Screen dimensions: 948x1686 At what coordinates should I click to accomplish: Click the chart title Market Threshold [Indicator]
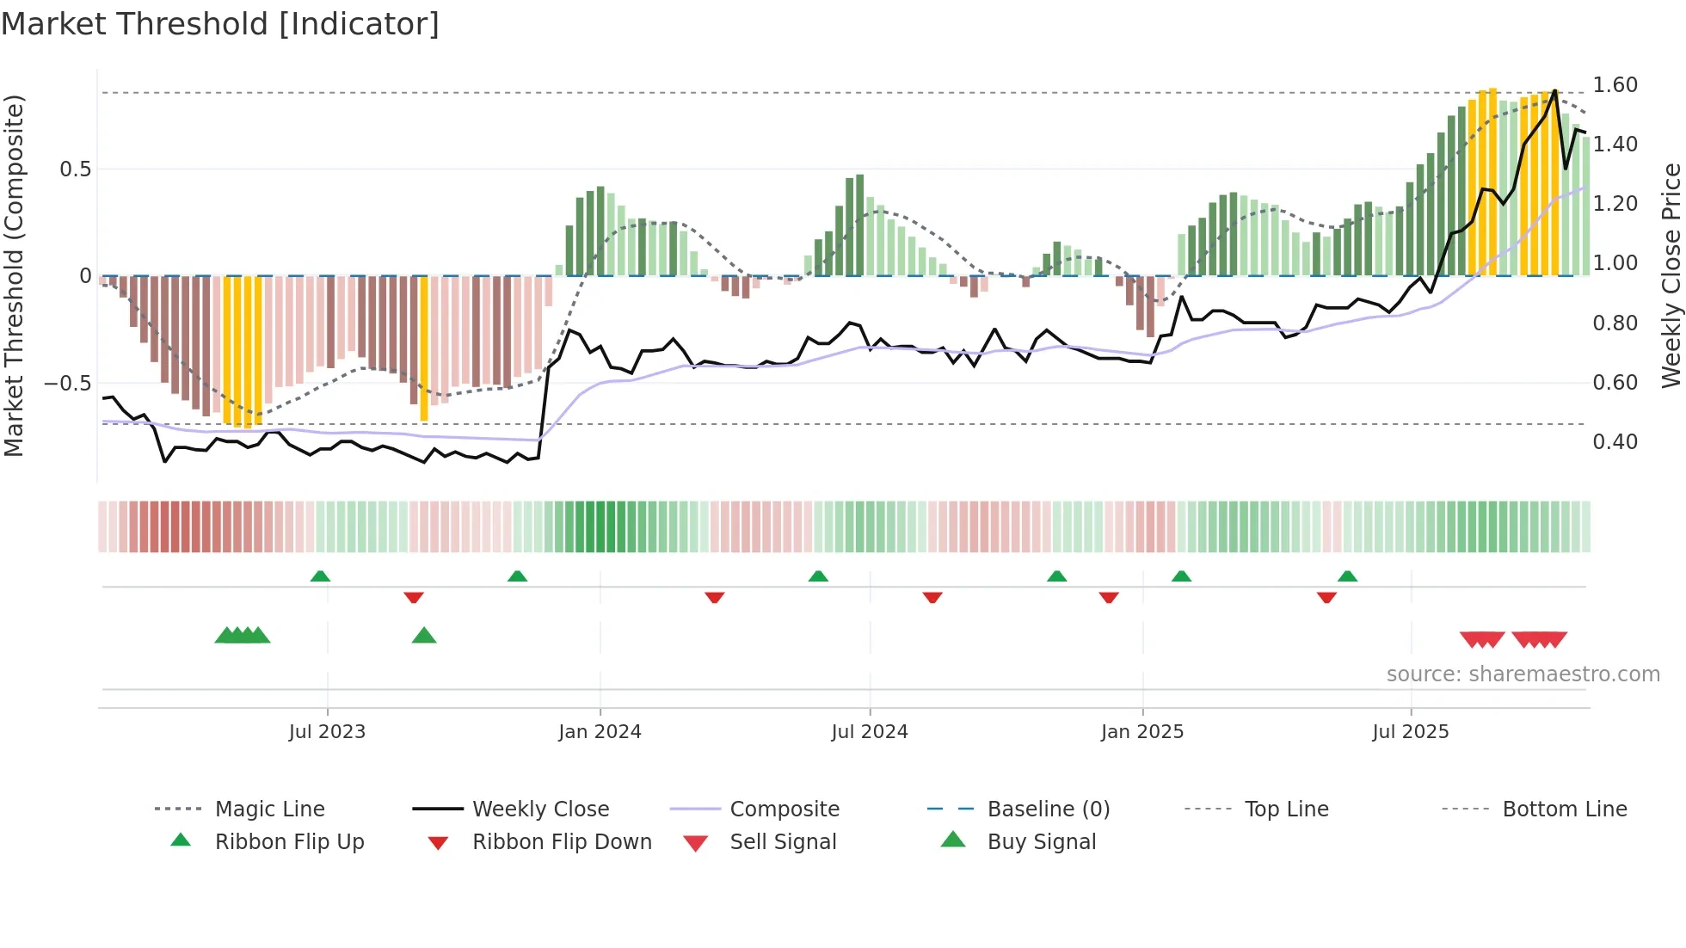coord(220,24)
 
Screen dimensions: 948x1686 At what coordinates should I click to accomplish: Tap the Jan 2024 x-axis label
coord(600,732)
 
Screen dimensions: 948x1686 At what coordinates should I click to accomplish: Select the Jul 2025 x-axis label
coord(1410,732)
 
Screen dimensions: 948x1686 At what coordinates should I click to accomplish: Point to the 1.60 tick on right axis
coord(1615,85)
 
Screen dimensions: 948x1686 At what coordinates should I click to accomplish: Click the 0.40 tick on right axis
coord(1615,442)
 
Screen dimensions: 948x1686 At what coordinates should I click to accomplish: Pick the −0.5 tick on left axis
coord(67,384)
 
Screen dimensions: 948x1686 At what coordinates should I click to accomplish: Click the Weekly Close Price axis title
coord(1671,275)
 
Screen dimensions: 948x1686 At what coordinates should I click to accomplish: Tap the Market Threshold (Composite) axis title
coord(14,275)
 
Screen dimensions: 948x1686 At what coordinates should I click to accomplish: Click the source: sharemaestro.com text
coord(1523,674)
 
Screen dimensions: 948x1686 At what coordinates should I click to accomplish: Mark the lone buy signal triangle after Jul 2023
coord(424,637)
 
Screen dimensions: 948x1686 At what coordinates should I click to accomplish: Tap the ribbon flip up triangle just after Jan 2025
coord(1181,576)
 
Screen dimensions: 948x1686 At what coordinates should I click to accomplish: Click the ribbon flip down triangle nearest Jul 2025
coord(1326,597)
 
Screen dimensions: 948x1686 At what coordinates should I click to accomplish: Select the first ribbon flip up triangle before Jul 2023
coord(320,576)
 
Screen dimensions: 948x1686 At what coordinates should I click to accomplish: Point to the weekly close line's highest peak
coord(1554,91)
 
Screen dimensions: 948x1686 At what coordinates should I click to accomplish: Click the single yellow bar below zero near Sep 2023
coord(424,348)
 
